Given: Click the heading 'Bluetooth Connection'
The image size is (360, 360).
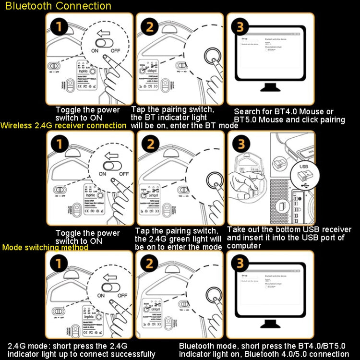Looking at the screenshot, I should [x=59, y=6].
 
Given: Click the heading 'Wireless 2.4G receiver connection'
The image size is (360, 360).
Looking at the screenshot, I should [x=64, y=125].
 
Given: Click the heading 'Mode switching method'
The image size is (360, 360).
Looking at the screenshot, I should [x=45, y=248].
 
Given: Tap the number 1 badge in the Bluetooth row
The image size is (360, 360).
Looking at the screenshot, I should [x=59, y=27].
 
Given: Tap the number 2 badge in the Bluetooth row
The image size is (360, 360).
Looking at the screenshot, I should [x=150, y=27].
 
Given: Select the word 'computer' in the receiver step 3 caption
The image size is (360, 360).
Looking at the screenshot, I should [x=243, y=245].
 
